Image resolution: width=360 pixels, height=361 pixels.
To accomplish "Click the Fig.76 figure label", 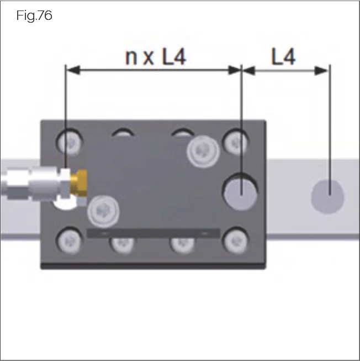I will point(34,16).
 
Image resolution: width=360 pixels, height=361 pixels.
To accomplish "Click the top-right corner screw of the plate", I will point(237,141).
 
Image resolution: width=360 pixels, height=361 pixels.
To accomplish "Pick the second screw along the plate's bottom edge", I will point(123,243).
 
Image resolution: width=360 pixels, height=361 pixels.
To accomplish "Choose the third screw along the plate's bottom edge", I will point(181,243).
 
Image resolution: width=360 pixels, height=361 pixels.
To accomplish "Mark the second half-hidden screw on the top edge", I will point(123,133).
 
